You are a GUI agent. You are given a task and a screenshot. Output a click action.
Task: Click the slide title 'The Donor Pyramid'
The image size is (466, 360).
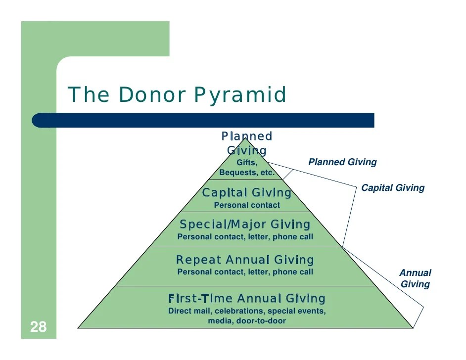coord(177,94)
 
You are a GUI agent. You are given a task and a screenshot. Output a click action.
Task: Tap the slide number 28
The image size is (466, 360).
coord(38,327)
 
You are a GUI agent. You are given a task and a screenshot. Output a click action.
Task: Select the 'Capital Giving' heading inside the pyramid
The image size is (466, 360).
coord(246,192)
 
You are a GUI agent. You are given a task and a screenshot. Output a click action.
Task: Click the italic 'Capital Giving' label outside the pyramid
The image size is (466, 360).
coord(393,188)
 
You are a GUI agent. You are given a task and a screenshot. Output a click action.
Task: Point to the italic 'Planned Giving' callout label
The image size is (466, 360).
coord(342,162)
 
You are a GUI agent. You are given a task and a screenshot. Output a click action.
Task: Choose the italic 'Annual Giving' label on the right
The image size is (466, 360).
coord(415,278)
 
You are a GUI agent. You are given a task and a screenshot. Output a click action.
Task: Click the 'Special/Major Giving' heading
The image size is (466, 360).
coord(245,225)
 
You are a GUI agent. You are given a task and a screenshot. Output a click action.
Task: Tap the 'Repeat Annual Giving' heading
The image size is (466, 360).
coord(245,260)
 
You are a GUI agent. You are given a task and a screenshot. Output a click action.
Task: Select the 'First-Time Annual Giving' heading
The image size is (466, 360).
coord(247,298)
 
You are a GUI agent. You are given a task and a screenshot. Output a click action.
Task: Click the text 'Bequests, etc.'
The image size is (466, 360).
coord(246,173)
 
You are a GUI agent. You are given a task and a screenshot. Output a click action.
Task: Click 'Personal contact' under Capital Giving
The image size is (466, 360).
coord(246,205)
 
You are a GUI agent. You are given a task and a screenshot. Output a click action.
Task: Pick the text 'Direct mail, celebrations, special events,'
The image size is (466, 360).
coord(247,312)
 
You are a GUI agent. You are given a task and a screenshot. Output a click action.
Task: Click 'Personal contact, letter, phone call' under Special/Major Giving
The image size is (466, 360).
coord(245,237)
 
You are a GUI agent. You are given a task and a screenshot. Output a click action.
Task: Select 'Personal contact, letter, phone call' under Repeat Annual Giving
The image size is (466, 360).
coord(245,272)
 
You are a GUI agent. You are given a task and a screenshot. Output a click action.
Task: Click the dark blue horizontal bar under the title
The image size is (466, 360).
coord(203,120)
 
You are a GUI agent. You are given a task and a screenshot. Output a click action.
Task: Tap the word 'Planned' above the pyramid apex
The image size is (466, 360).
coord(246,136)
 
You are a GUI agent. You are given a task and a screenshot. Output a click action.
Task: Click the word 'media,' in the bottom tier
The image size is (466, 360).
coord(220,321)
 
